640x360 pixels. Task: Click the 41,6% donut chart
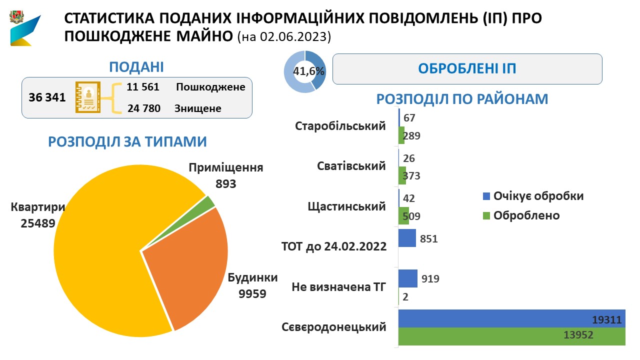[305, 71]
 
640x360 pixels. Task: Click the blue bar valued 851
[407, 238]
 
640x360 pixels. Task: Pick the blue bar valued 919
[407, 278]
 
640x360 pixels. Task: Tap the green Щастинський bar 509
[403, 216]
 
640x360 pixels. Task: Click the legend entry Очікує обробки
[538, 195]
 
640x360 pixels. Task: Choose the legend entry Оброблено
[526, 215]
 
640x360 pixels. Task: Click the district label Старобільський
[340, 125]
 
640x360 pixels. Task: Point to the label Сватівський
[351, 165]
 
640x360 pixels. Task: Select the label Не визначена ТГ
[338, 287]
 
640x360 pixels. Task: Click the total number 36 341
[47, 97]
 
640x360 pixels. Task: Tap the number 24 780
[143, 107]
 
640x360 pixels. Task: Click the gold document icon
[88, 97]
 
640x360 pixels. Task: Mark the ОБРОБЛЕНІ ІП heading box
[467, 69]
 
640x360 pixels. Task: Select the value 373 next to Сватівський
[411, 176]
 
